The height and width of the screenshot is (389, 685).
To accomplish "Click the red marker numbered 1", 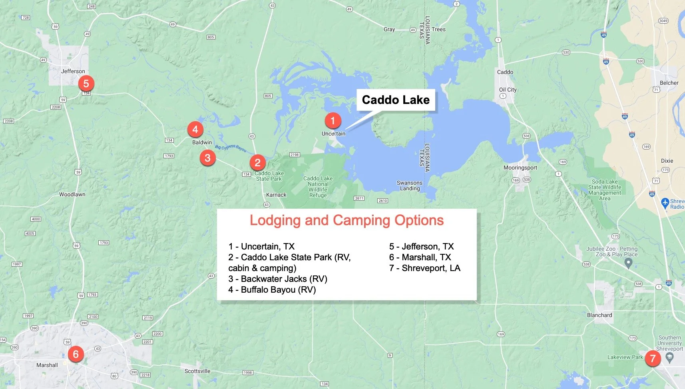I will pos(333,120).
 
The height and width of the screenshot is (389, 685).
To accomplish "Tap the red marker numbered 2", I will pos(257,163).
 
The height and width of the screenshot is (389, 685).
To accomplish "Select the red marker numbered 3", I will pos(207,158).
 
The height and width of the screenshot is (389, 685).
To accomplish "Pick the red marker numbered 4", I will pos(195,130).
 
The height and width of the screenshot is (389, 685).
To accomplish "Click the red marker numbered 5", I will pos(86,84).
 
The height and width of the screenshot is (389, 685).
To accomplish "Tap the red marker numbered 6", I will pos(76,354).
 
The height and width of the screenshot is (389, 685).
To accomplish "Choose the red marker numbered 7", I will pos(653,358).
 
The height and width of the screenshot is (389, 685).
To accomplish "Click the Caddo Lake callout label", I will pos(396,100).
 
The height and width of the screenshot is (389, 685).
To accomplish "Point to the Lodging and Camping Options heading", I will pos(346,220).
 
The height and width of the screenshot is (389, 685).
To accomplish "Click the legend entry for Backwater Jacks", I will pos(278,279).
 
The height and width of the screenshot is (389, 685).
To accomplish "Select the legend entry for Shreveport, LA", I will pos(425,268).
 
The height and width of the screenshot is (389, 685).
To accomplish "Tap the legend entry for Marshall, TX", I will pos(420,257).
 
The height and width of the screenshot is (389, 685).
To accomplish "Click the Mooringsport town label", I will pos(520,168).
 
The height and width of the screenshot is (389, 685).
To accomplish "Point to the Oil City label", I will pos(508,90).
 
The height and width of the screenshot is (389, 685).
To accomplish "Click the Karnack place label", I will pos(276,195).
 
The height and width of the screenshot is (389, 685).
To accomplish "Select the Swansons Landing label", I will pos(410,186).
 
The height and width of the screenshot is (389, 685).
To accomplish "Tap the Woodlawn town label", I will pos(72,195).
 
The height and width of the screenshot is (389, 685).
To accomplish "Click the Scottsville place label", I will pos(197,371).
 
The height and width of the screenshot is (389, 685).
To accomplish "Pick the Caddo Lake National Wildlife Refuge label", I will pos(318,187).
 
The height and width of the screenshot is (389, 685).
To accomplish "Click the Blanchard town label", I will pos(599,315).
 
